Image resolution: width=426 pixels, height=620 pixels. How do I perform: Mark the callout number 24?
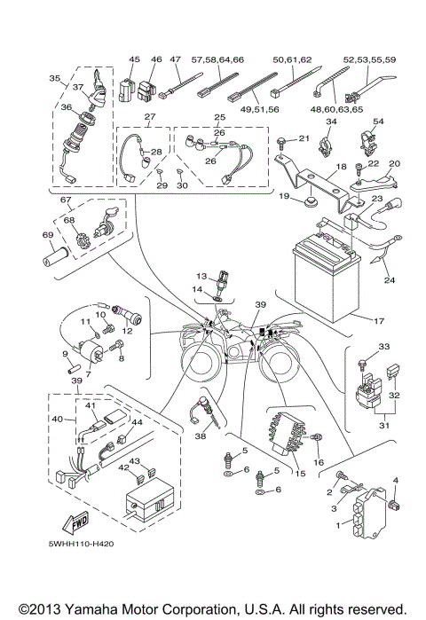(387, 281)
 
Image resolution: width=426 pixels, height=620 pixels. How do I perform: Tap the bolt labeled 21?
(281, 142)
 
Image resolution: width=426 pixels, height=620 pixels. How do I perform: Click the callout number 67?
(65, 200)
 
